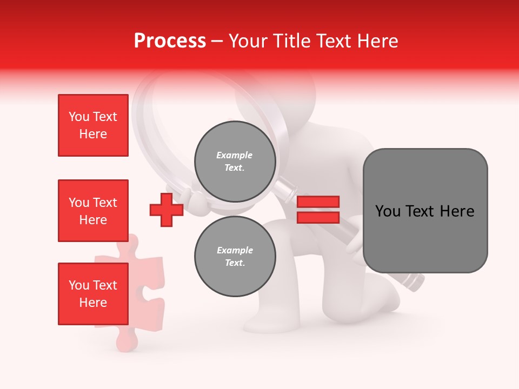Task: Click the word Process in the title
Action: (170, 41)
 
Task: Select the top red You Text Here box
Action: (93, 125)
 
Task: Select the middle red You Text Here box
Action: (93, 211)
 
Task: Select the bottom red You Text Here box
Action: (93, 294)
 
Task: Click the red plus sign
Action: (167, 210)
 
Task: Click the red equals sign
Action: (318, 210)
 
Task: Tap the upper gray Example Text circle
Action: (235, 161)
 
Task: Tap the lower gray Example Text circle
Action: (235, 256)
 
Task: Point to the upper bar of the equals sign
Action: (318, 202)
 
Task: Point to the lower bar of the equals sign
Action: (318, 217)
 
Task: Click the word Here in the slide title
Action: (378, 41)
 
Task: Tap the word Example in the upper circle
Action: (235, 155)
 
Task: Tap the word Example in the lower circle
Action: (235, 250)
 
